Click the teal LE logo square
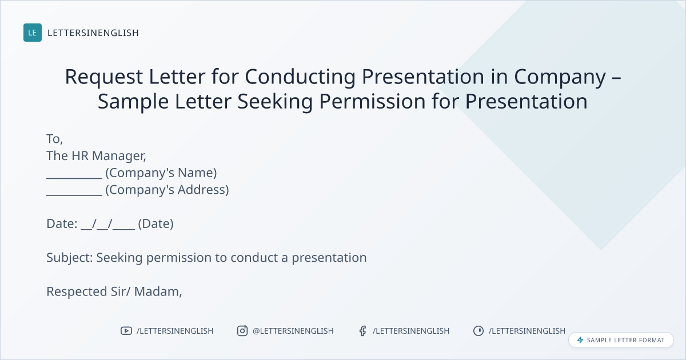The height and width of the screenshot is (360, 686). click(33, 33)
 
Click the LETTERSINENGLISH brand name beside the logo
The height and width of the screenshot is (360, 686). click(93, 33)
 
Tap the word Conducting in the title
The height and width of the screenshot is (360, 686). click(300, 77)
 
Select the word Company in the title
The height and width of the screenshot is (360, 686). click(560, 77)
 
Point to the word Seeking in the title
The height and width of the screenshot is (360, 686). click(275, 102)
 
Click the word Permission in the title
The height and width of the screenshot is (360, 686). click(372, 101)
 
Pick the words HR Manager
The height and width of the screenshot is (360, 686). click(109, 156)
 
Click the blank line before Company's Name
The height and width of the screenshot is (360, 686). click(74, 178)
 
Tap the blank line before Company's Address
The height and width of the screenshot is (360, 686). click(74, 195)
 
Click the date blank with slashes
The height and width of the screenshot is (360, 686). click(108, 224)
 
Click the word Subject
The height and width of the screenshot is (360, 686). click(70, 258)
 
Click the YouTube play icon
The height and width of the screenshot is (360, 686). click(126, 331)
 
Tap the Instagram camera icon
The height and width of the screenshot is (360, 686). click(242, 331)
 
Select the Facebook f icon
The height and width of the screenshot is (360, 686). click(363, 331)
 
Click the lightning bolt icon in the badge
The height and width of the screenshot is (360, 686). click(580, 340)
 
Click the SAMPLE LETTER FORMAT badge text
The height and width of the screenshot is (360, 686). click(625, 340)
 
